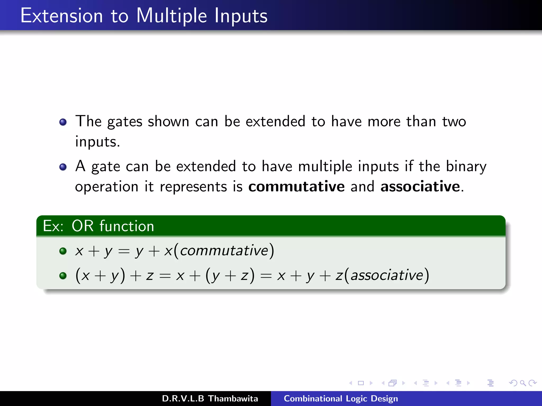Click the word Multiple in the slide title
171,16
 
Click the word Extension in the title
62,16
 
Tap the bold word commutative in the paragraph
296,186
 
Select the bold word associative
420,186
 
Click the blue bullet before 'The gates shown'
63,122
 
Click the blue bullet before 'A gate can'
63,167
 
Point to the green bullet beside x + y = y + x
63,251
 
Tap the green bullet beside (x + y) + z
63,276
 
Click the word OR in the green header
83,226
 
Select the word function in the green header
127,226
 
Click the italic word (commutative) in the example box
224,251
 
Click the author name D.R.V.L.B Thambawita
210,399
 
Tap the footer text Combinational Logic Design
341,399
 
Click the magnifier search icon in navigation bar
523,383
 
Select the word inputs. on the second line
97,142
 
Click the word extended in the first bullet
275,122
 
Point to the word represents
193,187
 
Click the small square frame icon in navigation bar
361,383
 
